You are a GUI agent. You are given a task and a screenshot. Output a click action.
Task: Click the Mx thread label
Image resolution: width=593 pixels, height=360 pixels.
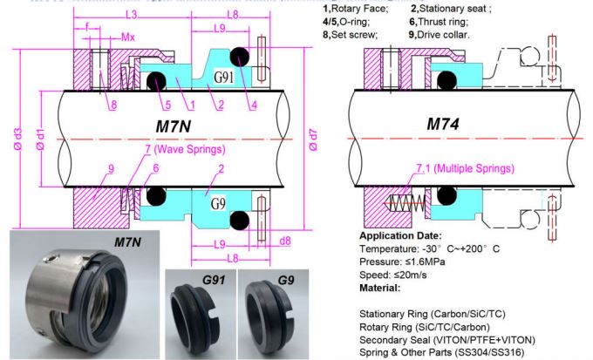tap(128, 37)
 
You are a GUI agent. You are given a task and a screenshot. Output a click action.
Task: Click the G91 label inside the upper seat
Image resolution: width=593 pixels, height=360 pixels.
tap(225, 77)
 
